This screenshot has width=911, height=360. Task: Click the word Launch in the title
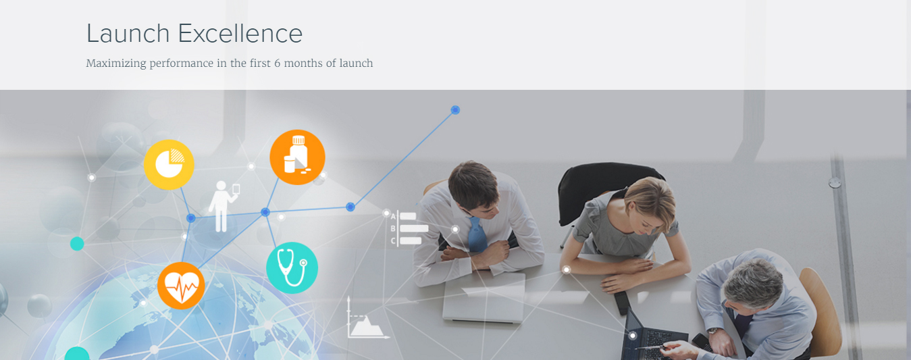pos(128,33)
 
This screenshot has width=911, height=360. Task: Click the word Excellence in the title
pos(240,33)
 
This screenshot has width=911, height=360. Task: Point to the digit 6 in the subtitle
pos(277,63)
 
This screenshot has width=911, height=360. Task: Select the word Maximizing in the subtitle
pos(116,63)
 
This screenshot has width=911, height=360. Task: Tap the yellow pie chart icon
pos(169,164)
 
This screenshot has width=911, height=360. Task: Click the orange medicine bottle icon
pos(297,157)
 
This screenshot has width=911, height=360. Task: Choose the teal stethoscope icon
pos(292,268)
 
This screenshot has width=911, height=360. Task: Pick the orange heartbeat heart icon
pos(181,286)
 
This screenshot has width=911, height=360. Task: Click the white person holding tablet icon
pos(223,206)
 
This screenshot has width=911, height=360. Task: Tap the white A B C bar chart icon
pos(409,228)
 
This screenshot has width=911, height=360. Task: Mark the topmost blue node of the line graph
pos(455,110)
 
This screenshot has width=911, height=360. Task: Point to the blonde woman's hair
pos(651,199)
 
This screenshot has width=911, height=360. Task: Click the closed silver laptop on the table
pos(484,297)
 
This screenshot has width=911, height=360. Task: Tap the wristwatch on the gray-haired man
pos(713,331)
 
